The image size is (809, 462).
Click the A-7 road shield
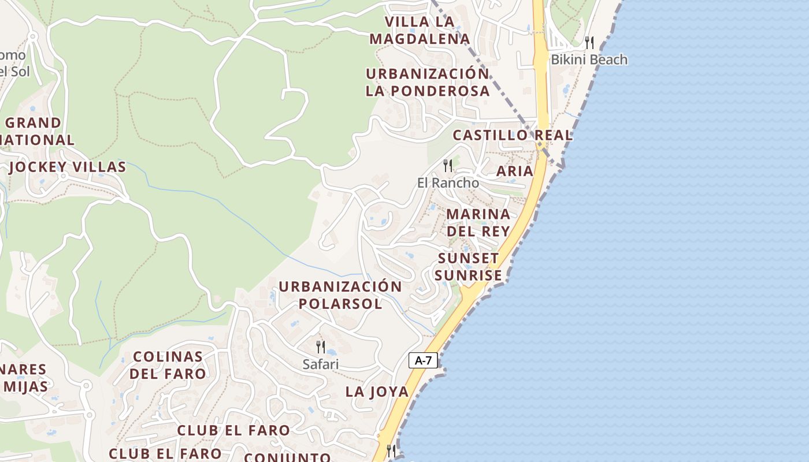pyautogui.click(x=424, y=360)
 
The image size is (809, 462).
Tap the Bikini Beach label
pyautogui.click(x=588, y=59)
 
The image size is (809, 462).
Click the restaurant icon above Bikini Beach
pyautogui.click(x=589, y=42)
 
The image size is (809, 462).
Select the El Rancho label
pyautogui.click(x=448, y=182)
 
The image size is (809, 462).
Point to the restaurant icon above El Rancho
pyautogui.click(x=448, y=166)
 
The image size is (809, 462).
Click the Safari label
pyautogui.click(x=320, y=364)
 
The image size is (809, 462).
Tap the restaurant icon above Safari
pyautogui.click(x=320, y=347)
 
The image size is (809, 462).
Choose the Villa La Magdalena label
pyautogui.click(x=419, y=31)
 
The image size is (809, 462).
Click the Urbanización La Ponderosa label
pyautogui.click(x=428, y=83)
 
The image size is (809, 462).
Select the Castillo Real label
pyautogui.click(x=513, y=135)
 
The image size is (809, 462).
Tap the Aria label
pyautogui.click(x=514, y=171)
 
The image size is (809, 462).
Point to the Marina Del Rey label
pyautogui.click(x=478, y=222)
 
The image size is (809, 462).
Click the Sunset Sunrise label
pyautogui.click(x=468, y=267)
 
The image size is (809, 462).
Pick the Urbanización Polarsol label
pyautogui.click(x=340, y=295)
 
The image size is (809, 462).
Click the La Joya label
pyautogui.click(x=377, y=392)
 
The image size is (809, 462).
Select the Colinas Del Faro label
pyautogui.click(x=168, y=365)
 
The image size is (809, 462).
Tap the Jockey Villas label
pyautogui.click(x=68, y=167)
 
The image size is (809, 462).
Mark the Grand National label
pyautogui.click(x=38, y=131)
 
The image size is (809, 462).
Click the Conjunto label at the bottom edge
pyautogui.click(x=287, y=457)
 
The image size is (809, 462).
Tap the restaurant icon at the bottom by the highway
pyautogui.click(x=392, y=450)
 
